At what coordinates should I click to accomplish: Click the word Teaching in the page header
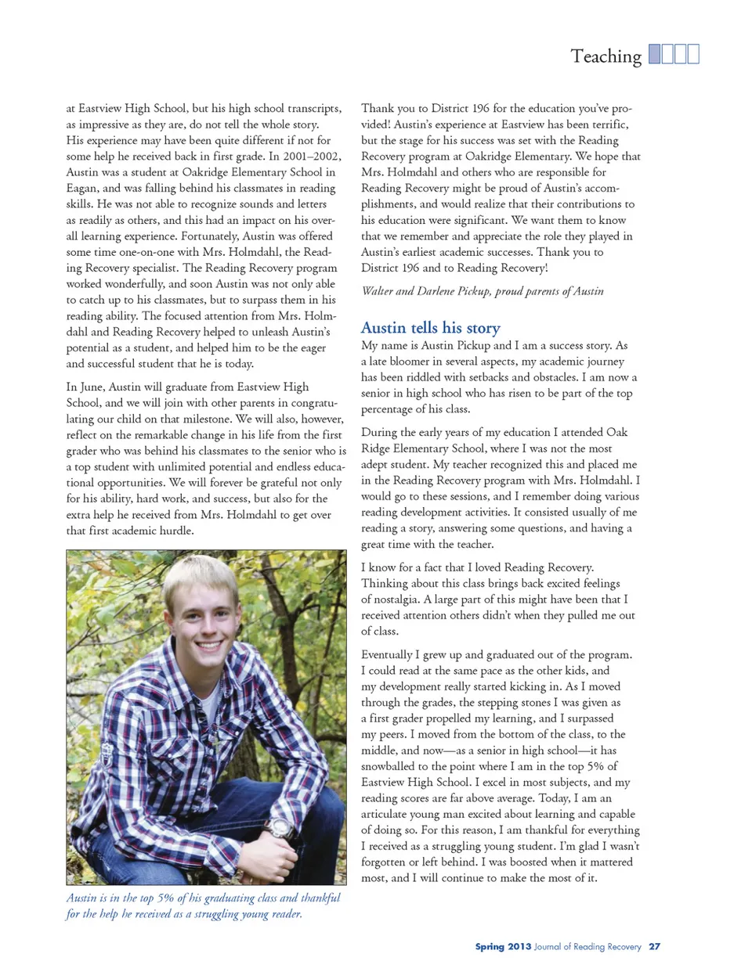pyautogui.click(x=606, y=56)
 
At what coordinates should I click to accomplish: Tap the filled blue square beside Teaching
pyautogui.click(x=656, y=54)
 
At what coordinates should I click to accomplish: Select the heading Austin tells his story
pyautogui.click(x=430, y=327)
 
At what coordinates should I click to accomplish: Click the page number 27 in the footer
pyautogui.click(x=654, y=946)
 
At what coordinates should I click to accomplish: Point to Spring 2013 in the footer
pyautogui.click(x=503, y=946)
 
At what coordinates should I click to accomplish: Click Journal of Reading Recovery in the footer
pyautogui.click(x=587, y=946)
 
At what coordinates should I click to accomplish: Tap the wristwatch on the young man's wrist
pyautogui.click(x=279, y=827)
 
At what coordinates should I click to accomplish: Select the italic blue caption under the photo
pyautogui.click(x=203, y=905)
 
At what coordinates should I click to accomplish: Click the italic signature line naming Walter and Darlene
pyautogui.click(x=482, y=291)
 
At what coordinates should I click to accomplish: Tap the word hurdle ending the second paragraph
pyautogui.click(x=175, y=531)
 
